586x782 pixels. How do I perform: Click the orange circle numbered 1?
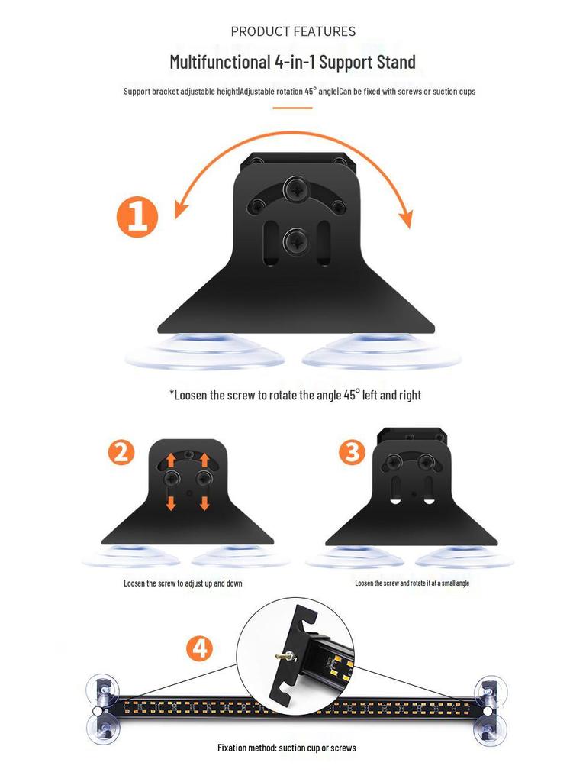click(137, 217)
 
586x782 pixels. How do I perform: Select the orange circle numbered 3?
click(352, 453)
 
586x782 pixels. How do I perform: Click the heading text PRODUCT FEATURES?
click(293, 31)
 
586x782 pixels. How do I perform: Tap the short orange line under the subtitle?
click(292, 108)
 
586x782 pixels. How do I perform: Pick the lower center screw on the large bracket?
click(295, 242)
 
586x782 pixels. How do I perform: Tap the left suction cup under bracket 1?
click(204, 353)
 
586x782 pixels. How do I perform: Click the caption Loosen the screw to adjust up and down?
click(183, 583)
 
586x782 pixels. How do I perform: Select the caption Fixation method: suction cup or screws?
click(287, 748)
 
